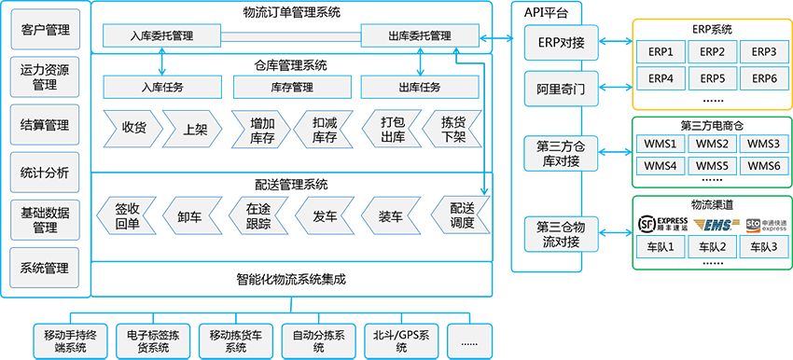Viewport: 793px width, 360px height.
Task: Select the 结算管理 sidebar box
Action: pyautogui.click(x=45, y=125)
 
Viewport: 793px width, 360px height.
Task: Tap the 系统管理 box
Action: pyautogui.click(x=45, y=267)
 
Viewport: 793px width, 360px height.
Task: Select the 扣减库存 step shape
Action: pyautogui.click(x=323, y=128)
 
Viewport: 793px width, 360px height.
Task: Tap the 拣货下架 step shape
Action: pyautogui.click(x=452, y=128)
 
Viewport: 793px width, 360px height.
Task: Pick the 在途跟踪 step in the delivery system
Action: pyautogui.click(x=257, y=216)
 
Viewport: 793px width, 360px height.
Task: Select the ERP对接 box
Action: pyautogui.click(x=559, y=41)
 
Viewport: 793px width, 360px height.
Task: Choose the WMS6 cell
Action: pyautogui.click(x=764, y=166)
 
